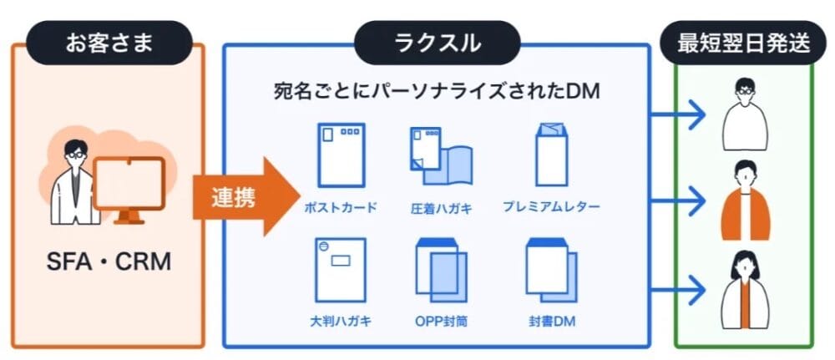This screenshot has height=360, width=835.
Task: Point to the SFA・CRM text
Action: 109,263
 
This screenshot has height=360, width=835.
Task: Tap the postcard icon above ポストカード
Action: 340,156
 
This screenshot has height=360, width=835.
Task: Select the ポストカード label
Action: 340,206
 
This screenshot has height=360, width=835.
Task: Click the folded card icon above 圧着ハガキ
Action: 441,160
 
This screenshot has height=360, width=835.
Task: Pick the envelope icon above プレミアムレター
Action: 551,155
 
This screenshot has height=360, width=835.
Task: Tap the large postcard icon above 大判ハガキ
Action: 340,269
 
